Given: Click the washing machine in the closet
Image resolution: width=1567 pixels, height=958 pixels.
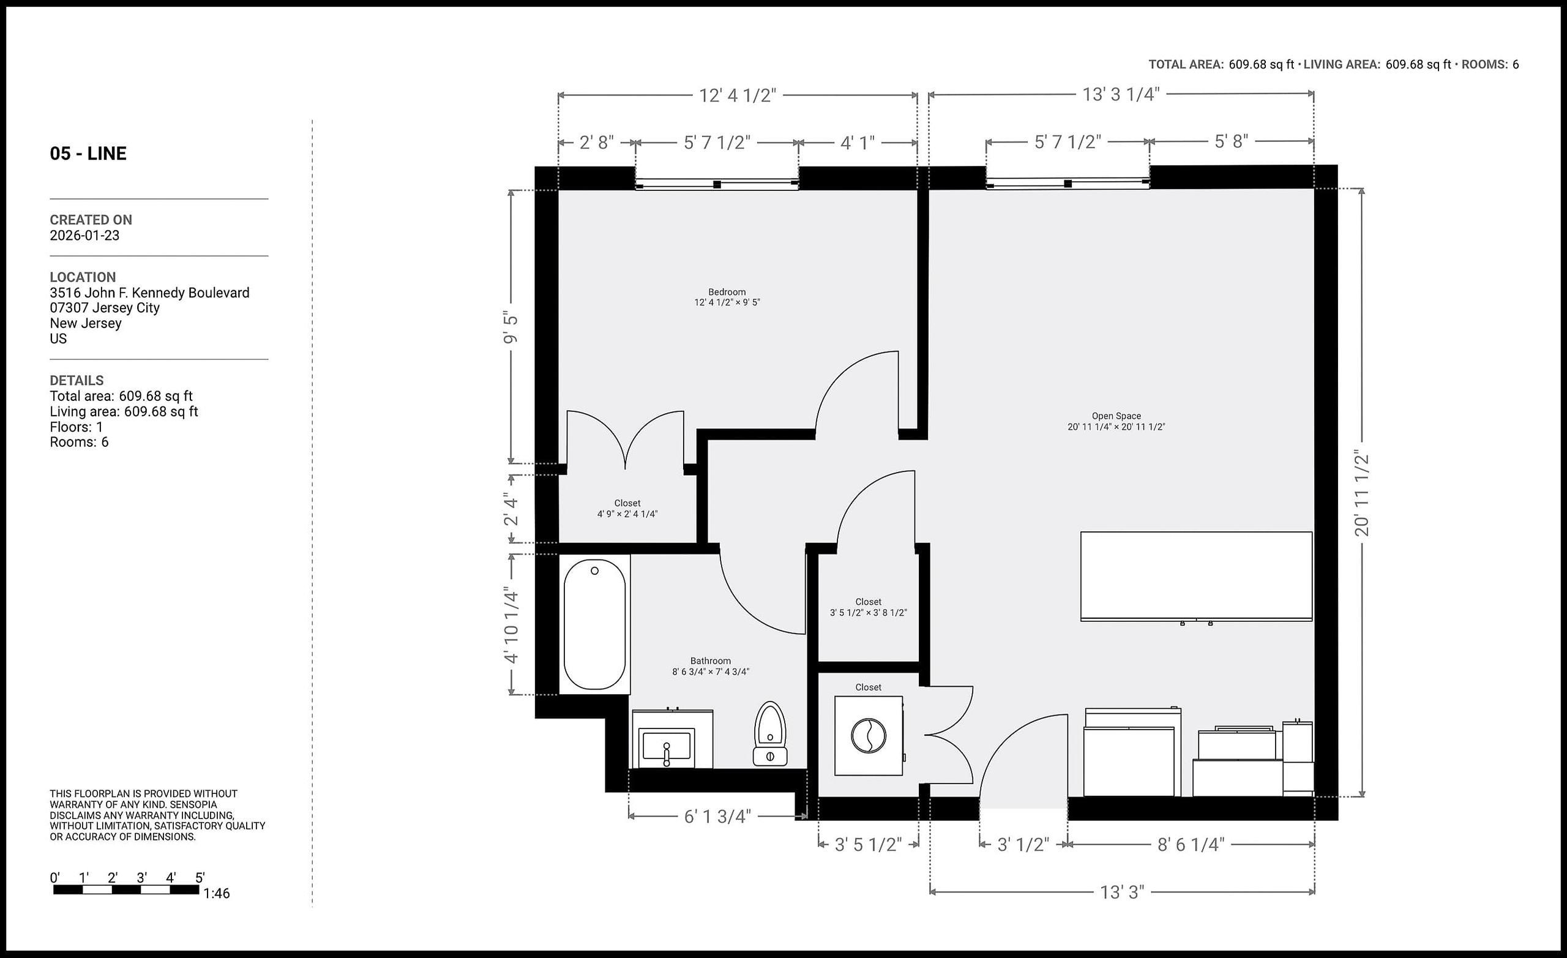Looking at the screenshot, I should pos(868,735).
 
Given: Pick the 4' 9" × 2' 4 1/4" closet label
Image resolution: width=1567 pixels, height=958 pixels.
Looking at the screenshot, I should pos(627,514).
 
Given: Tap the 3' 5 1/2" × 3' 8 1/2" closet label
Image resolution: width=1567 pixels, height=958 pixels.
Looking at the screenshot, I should pos(868,613).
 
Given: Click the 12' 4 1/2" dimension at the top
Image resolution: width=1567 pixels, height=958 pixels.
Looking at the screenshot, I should pos(738,95).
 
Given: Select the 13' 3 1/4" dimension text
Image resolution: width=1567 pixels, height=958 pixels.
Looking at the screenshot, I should pos(1121,94).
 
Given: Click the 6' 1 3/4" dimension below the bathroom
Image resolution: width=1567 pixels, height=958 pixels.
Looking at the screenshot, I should pos(717,816).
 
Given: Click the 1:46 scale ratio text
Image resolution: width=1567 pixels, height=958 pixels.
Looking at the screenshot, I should pos(216,893).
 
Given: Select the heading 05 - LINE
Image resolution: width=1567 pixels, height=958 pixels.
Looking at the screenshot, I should pos(88,153).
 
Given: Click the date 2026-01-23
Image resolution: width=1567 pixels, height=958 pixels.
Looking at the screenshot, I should pos(84,235).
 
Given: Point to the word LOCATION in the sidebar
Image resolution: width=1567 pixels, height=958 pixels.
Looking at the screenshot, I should pos(83,277).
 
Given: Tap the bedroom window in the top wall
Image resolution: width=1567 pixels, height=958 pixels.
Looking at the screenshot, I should pos(717,184).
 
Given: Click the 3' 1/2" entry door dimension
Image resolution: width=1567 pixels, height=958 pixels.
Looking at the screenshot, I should pos(1023,844).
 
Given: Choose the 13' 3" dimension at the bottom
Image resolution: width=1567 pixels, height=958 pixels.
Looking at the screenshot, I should pos(1122,892).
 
